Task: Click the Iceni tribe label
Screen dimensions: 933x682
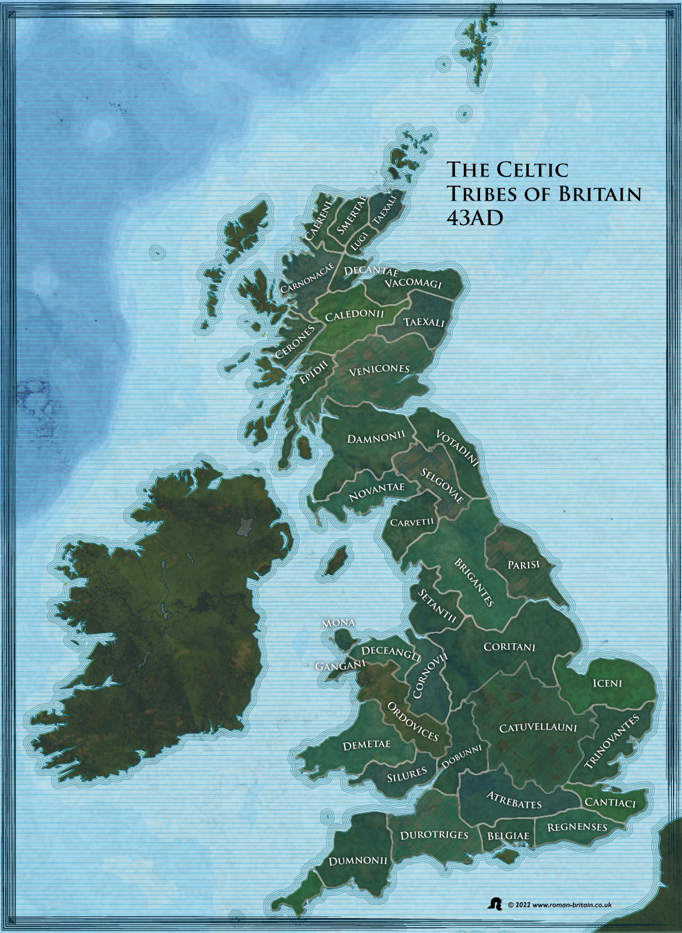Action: click(x=607, y=683)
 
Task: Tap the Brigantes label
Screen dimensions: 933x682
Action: click(x=474, y=582)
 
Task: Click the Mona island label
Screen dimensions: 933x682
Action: click(x=338, y=623)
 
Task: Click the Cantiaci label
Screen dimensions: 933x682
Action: click(x=610, y=802)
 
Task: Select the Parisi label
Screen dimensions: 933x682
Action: click(x=523, y=564)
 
